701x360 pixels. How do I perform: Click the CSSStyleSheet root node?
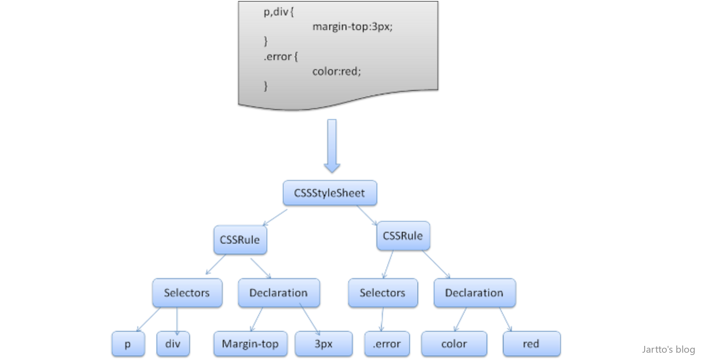(330, 193)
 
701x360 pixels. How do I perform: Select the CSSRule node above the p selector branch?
(240, 240)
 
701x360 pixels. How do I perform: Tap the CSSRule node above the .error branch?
(403, 236)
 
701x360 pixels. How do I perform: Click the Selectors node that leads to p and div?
(187, 293)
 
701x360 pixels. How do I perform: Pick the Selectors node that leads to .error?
(382, 293)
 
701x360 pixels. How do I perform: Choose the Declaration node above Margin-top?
(279, 293)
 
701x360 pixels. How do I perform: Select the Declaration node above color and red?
(474, 293)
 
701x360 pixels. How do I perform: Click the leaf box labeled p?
(128, 344)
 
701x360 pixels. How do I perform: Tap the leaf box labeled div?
(173, 344)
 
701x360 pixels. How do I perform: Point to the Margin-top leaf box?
(250, 344)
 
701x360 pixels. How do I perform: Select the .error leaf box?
(387, 344)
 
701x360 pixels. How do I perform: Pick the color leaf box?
(454, 344)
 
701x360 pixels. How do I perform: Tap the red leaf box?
(531, 344)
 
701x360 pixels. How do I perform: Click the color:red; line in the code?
(336, 71)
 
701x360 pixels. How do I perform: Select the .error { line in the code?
(280, 57)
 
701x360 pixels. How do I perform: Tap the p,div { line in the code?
(279, 12)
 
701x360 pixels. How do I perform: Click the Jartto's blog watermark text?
(668, 349)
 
